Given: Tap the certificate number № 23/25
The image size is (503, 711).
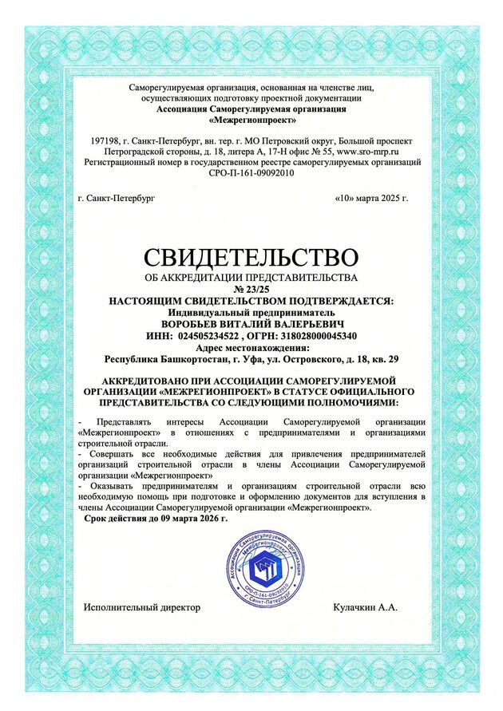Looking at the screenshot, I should (252, 287).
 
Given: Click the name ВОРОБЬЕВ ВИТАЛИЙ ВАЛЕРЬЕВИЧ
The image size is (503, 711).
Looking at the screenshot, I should (252, 324).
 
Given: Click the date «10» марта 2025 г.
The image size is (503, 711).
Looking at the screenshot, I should (372, 196).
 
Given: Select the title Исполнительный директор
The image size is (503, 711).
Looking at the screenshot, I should (142, 607).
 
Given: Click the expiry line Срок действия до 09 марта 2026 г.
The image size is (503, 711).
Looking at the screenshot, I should (156, 518).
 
